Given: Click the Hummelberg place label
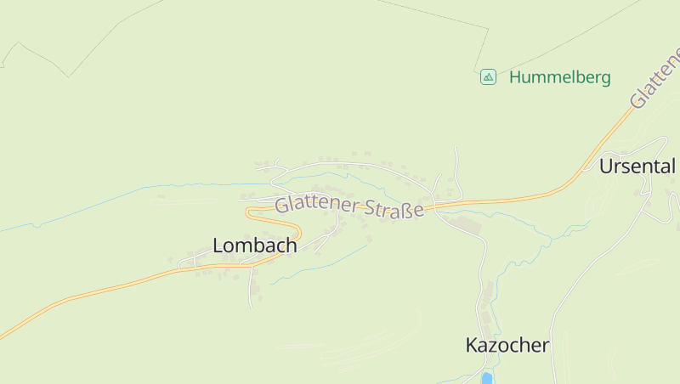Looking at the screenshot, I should (559, 77).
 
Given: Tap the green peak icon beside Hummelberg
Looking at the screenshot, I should (488, 77).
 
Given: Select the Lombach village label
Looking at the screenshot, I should (255, 246).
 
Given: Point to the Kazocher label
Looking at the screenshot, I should (507, 346).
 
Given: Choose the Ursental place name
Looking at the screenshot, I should (637, 166).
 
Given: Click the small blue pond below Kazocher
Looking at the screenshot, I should (487, 378).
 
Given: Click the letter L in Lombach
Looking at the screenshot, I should (218, 246).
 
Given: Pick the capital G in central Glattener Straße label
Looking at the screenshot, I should (281, 205).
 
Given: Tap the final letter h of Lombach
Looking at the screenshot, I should (292, 246).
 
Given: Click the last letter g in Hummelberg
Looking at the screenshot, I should (605, 79).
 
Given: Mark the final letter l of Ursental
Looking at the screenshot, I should (673, 166).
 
